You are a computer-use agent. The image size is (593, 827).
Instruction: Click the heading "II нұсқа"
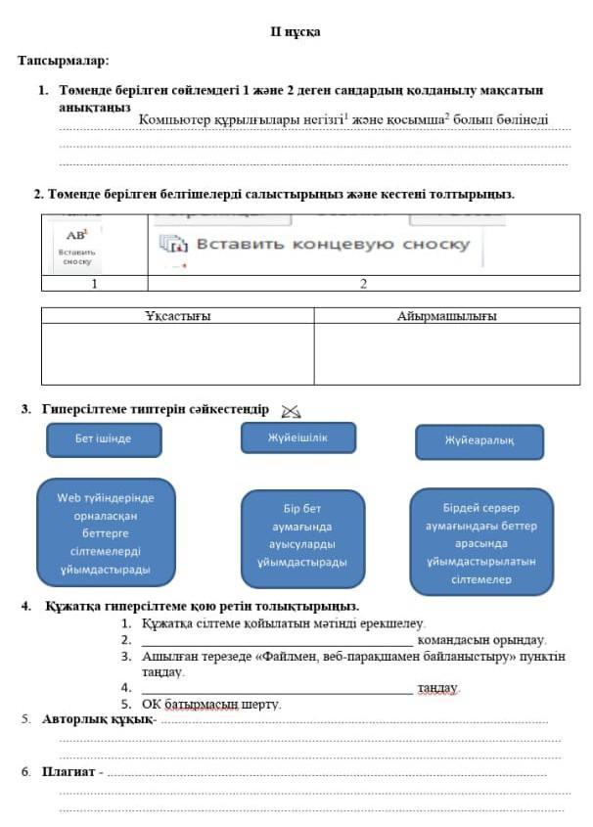pos(296,32)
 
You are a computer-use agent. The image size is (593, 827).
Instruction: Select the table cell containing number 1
pos(94,284)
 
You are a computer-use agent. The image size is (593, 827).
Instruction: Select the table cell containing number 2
pos(363,284)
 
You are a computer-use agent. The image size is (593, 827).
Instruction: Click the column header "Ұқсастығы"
pos(177,316)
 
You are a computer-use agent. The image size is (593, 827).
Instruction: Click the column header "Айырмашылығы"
pos(446,316)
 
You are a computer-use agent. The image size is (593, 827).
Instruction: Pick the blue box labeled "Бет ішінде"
pos(103,438)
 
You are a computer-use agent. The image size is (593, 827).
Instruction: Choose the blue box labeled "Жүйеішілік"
pos(297,437)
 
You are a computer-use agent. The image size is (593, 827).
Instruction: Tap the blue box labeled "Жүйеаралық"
pos(479,441)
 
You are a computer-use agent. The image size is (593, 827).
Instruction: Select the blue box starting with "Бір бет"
pos(302,535)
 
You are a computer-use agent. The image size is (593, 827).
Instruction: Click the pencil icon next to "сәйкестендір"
pos(291,411)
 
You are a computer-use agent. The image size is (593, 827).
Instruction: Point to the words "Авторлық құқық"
pos(97,719)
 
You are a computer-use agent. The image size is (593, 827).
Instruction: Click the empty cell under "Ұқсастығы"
pos(177,353)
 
